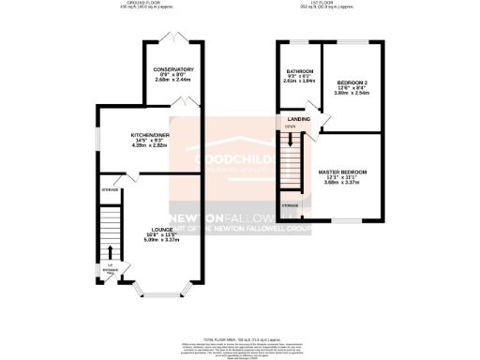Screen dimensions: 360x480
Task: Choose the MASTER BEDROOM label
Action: tap(341, 172)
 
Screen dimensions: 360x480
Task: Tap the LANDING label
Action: tap(299, 118)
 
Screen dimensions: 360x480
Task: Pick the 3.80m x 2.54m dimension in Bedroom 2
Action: tap(354, 95)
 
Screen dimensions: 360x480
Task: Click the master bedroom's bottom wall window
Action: tap(345, 222)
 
